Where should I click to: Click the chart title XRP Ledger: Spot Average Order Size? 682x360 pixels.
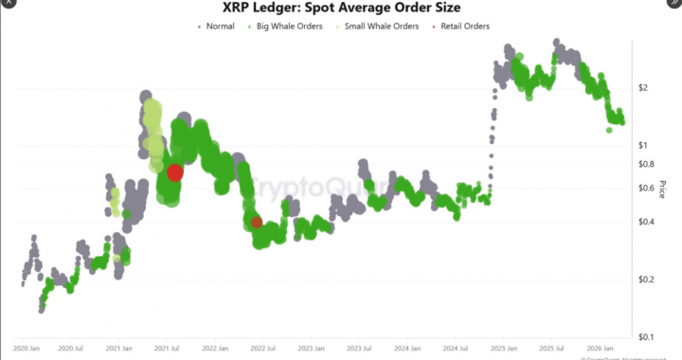tap(341, 8)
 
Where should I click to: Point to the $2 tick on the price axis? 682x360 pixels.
tap(643, 87)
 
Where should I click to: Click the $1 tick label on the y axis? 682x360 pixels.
tap(643, 145)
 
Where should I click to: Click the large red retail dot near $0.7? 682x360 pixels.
tap(175, 172)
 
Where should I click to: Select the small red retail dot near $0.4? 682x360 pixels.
tap(257, 222)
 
